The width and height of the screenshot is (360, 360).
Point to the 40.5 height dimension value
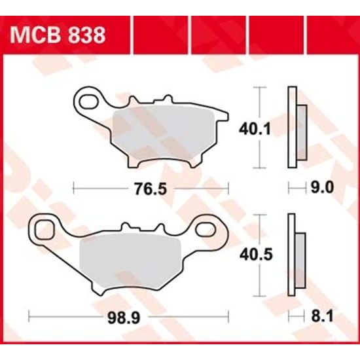click(x=249, y=253)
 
